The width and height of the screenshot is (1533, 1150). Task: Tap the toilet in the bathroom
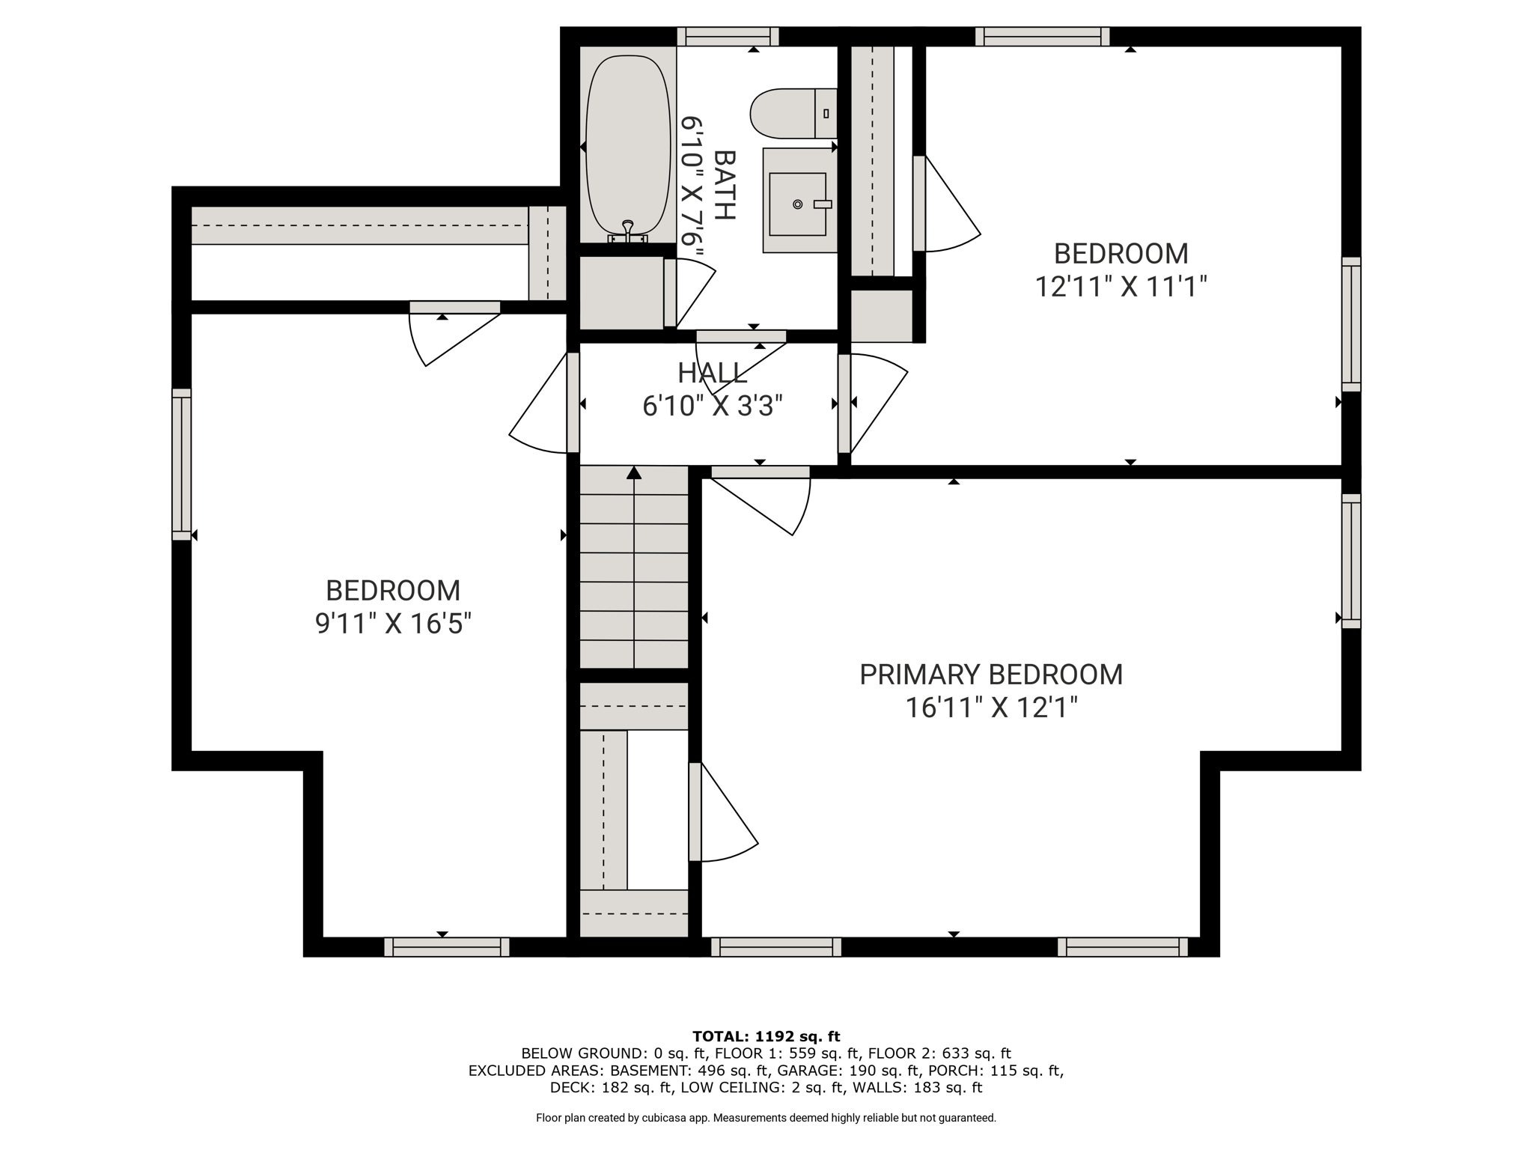793,113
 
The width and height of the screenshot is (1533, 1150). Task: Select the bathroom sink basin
798,204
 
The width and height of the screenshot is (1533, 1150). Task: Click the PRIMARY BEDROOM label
991,675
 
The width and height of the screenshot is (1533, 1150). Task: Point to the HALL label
712,373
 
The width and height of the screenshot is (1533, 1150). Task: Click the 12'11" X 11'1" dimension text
1121,287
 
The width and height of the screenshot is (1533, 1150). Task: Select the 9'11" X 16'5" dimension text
393,624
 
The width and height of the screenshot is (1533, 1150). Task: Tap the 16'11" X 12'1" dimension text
991,708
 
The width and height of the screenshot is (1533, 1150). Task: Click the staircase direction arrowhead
634,472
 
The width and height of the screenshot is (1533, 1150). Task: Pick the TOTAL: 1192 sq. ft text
766,1037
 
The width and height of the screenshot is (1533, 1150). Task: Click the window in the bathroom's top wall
728,37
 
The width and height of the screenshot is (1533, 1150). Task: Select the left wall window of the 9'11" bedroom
182,464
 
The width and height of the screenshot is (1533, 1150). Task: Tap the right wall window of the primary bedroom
1351,561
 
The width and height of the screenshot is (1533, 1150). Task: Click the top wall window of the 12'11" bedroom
1042,37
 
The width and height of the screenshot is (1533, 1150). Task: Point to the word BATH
725,185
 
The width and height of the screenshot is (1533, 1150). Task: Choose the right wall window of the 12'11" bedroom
1351,324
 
